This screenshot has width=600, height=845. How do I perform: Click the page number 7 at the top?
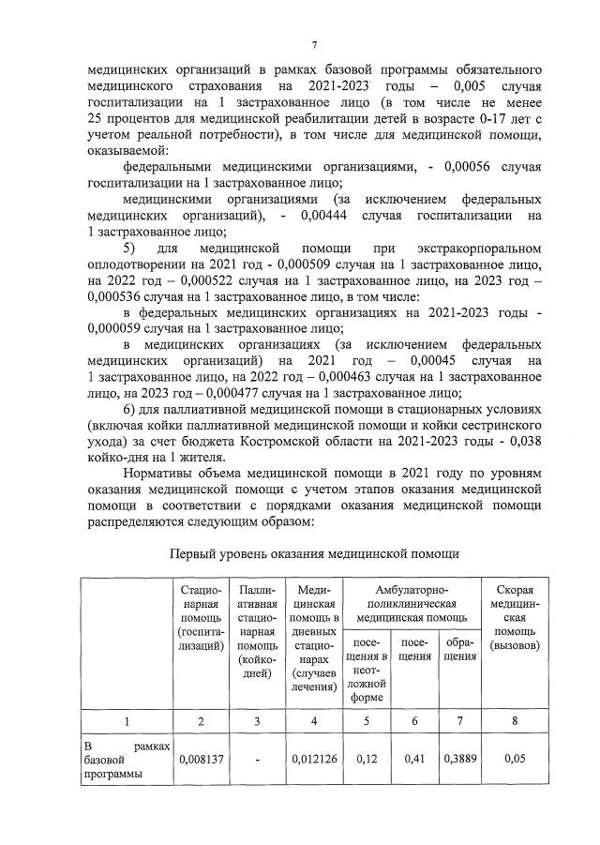[x=314, y=44]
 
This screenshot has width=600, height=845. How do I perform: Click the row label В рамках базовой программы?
[x=126, y=759]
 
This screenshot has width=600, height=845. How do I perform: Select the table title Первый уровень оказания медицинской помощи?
[x=314, y=553]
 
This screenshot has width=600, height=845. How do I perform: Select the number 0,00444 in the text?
[x=329, y=215]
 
